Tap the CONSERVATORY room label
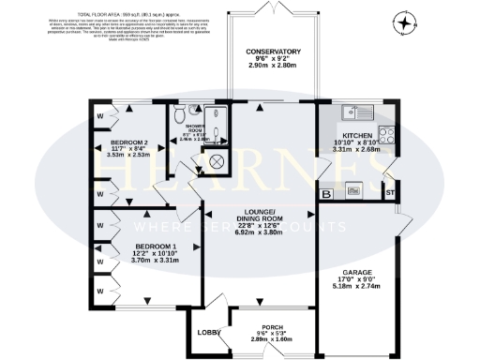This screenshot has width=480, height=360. (x=274, y=51)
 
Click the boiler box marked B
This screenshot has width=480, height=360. (x=326, y=194)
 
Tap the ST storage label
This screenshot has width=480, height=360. (x=390, y=194)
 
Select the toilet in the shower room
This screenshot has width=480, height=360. (x=177, y=113)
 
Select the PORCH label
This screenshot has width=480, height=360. (x=273, y=327)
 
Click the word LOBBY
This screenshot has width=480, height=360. (x=207, y=333)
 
